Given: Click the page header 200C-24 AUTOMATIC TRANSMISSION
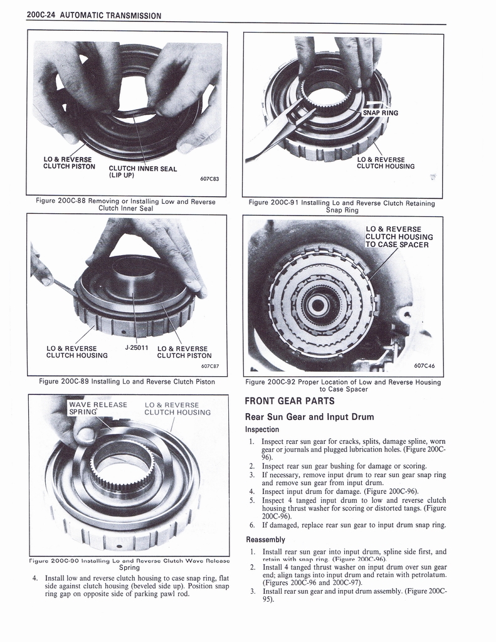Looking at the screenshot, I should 94,16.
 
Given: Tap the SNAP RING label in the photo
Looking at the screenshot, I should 381,113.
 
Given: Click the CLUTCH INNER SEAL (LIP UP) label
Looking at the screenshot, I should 142,172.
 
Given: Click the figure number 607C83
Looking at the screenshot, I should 209,179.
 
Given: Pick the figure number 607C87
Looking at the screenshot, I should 209,366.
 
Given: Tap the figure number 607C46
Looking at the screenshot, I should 425,365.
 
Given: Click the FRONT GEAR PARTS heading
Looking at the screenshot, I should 289,401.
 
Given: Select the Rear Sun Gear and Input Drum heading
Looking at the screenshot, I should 309,417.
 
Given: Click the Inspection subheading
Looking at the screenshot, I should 261,429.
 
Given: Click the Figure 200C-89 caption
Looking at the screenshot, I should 127,381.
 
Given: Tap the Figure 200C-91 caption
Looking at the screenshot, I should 342,206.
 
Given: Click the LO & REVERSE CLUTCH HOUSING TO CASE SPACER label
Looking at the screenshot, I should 399,236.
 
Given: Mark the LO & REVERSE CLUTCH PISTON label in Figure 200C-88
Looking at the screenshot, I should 69,163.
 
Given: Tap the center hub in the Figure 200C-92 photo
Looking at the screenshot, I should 317,305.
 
